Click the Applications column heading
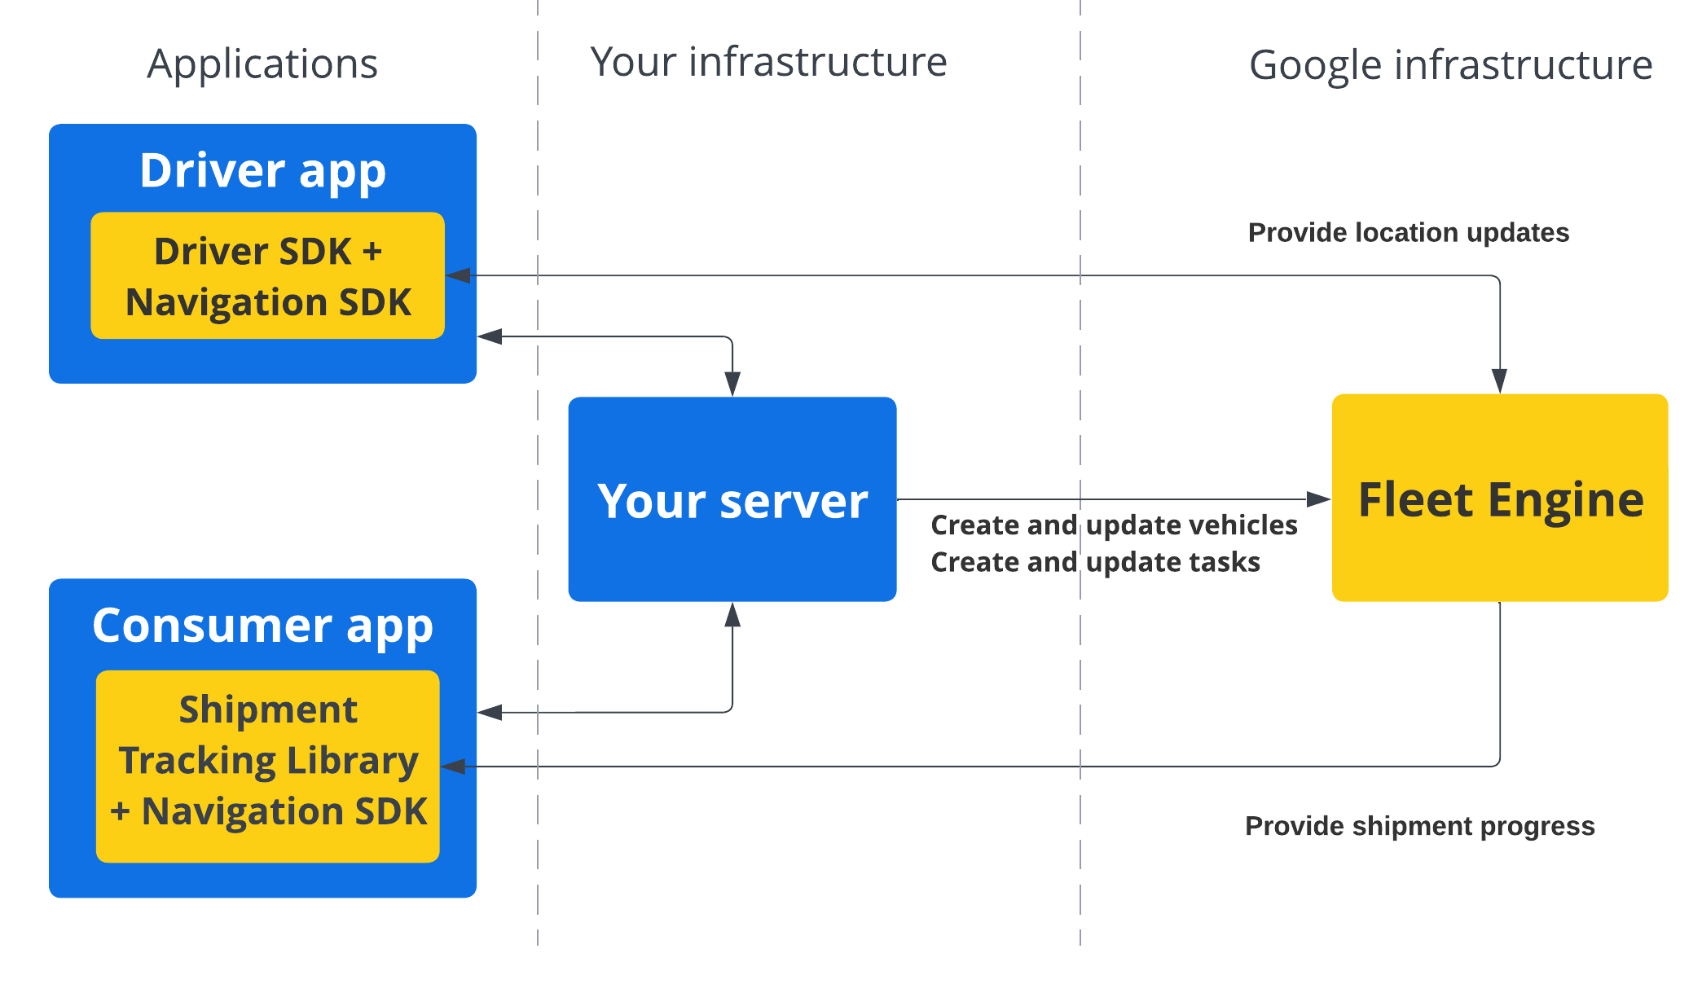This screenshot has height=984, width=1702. [262, 64]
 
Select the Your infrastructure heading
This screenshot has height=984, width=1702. [768, 62]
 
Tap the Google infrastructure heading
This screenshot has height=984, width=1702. [1450, 65]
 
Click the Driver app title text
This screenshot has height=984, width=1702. [262, 170]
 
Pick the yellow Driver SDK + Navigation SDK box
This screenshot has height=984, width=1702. [267, 276]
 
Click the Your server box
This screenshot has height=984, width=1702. [732, 499]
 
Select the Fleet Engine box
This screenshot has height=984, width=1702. [1499, 498]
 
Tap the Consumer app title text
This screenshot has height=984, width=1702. [262, 626]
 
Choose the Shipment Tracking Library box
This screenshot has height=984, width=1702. [267, 766]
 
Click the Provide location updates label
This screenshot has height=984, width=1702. [1408, 233]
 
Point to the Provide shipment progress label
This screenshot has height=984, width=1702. [1419, 826]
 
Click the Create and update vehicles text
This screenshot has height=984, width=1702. [1114, 525]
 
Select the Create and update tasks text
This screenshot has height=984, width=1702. [1095, 562]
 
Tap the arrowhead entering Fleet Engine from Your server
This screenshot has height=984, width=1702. [1318, 499]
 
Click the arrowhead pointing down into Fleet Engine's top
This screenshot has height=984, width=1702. [1499, 381]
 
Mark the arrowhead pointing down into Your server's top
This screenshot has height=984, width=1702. [732, 384]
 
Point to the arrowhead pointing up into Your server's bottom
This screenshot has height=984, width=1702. [732, 615]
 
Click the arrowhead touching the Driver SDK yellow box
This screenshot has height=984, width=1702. [459, 276]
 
